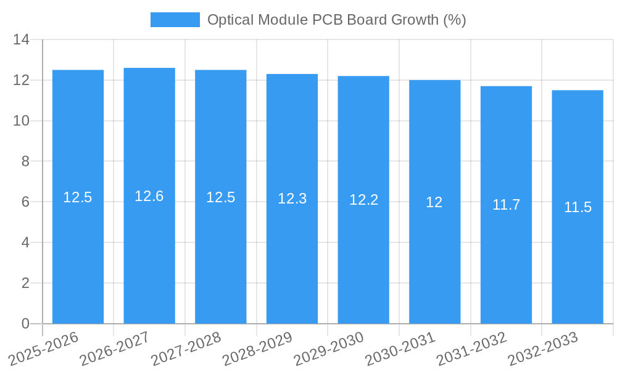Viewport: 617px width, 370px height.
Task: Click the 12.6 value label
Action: pyautogui.click(x=149, y=196)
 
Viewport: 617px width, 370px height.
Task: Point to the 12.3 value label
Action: pyautogui.click(x=292, y=199)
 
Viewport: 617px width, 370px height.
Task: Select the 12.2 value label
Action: pyautogui.click(x=363, y=200)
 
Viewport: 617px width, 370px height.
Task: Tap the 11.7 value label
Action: pyautogui.click(x=506, y=205)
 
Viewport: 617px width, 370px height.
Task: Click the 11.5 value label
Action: pyautogui.click(x=578, y=207)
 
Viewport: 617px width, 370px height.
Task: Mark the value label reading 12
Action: pyautogui.click(x=434, y=202)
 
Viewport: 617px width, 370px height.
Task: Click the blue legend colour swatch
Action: pyautogui.click(x=175, y=20)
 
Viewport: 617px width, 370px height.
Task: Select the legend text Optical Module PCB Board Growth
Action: pyautogui.click(x=336, y=20)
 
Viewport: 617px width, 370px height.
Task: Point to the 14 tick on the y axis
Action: pyautogui.click(x=22, y=40)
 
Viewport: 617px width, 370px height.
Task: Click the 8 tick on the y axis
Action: pyautogui.click(x=25, y=162)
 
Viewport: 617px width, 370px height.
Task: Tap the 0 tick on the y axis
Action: pyautogui.click(x=25, y=324)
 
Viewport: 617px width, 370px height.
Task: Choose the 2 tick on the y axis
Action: pyautogui.click(x=25, y=283)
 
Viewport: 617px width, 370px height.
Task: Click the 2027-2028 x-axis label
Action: pyautogui.click(x=186, y=349)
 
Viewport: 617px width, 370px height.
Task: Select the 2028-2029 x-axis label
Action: pyautogui.click(x=257, y=349)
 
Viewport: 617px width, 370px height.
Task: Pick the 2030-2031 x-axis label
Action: pyautogui.click(x=400, y=349)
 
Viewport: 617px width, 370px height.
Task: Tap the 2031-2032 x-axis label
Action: pyautogui.click(x=471, y=349)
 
